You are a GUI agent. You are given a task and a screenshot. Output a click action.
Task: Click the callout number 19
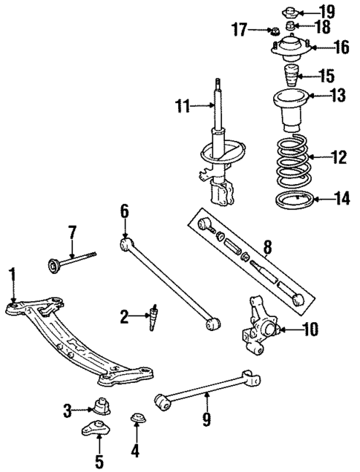pos(327,12)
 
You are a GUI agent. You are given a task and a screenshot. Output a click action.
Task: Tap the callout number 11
pos(183,107)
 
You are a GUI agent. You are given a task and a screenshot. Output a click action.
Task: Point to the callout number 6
pos(125,211)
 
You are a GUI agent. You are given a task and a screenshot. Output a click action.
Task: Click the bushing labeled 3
pos(99,407)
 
